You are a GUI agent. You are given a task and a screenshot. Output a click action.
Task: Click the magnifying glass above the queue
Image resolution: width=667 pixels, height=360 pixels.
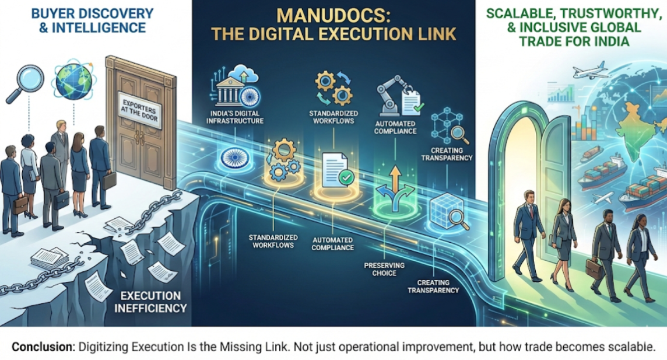pos(22,83)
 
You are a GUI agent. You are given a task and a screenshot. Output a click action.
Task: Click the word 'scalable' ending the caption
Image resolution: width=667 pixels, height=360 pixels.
pos(630,345)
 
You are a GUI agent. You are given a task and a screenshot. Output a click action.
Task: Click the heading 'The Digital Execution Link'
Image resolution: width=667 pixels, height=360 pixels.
pos(333,34)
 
